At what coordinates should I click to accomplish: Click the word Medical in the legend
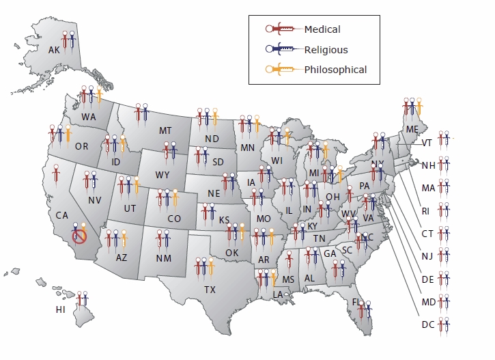322,29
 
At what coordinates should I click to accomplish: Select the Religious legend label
326,49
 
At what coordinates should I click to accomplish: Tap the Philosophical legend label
335,69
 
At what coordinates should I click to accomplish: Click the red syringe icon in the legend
281,29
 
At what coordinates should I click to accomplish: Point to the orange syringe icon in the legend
281,69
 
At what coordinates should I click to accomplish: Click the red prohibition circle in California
80,236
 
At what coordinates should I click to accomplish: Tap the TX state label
210,289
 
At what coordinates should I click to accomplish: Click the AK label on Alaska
54,50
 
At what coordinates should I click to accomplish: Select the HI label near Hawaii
61,309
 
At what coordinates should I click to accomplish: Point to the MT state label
165,130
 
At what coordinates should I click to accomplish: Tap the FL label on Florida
356,301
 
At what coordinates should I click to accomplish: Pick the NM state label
164,258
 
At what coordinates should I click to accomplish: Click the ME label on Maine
412,129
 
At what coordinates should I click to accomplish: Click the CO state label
174,219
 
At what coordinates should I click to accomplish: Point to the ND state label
212,139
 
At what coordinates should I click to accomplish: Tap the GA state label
330,253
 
